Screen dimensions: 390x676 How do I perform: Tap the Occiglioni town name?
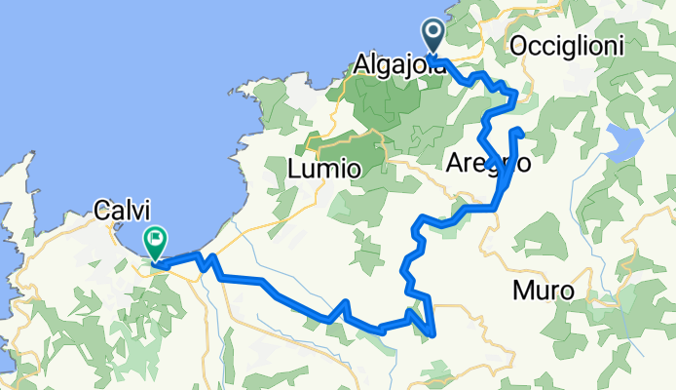point(566,46)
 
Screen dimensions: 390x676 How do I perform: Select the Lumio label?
point(325,169)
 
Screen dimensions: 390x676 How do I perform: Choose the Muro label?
point(544,291)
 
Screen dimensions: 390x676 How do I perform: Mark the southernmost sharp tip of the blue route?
point(432,335)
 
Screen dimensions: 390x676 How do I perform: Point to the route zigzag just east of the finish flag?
point(207,260)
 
